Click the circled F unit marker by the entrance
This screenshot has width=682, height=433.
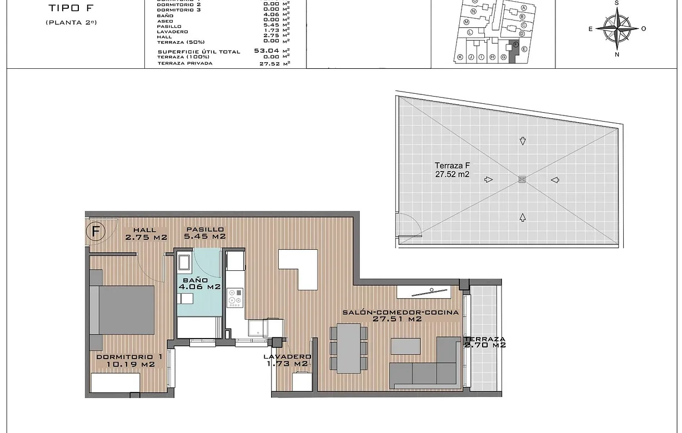point(96,231)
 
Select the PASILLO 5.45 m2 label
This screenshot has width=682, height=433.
point(205,233)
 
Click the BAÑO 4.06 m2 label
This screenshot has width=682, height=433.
point(200,284)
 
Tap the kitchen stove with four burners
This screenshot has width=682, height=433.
point(235,298)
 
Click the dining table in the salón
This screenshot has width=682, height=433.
point(348,348)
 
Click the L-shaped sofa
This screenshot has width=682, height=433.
point(428,366)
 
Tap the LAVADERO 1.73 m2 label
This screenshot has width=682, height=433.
point(287,360)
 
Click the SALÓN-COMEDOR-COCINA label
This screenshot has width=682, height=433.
point(400,315)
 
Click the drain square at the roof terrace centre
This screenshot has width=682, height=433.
point(521,179)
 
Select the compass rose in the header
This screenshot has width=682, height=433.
point(616,28)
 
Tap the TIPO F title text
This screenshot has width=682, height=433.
point(69,8)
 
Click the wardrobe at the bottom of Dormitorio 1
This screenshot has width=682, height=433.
point(116,383)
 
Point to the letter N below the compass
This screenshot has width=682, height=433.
point(616,54)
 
